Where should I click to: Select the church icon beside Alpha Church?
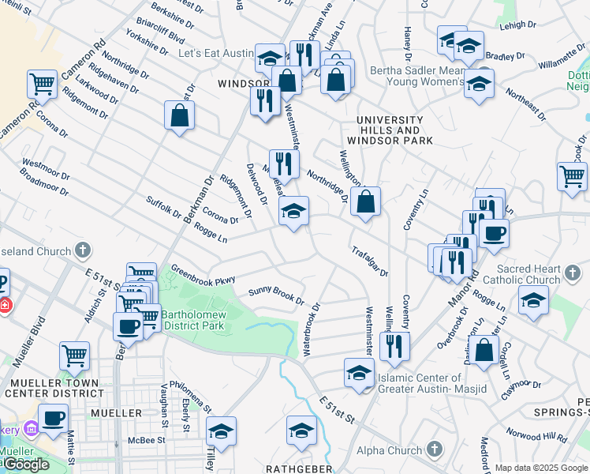(434, 450)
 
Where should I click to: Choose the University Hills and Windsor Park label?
(394, 130)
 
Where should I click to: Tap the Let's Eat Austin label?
(215, 54)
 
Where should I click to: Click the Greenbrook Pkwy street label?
(203, 274)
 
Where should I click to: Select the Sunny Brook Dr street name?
(276, 295)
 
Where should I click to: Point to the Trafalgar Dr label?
(369, 261)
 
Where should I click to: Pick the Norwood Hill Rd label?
(536, 436)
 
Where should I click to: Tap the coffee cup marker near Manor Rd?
(495, 232)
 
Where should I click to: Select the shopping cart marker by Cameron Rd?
(42, 83)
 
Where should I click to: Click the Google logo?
(25, 465)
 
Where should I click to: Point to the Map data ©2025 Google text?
(540, 468)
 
